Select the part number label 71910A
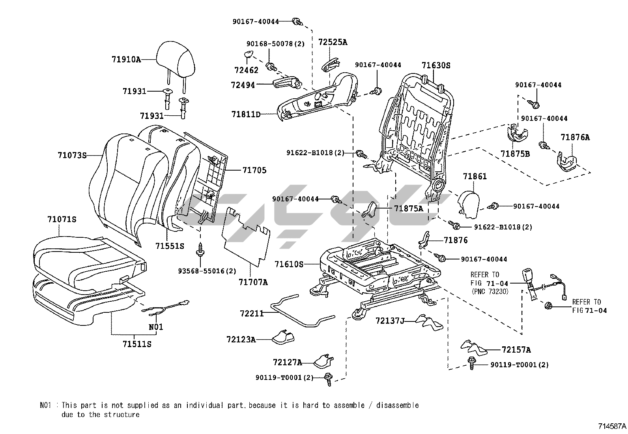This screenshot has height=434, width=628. [126, 60]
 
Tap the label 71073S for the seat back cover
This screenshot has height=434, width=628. [72, 155]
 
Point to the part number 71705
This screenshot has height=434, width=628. [254, 170]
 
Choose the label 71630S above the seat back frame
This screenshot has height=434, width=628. [435, 65]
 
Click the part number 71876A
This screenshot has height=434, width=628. [575, 137]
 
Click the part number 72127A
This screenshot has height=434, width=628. [287, 362]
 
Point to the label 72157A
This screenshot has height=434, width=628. [516, 350]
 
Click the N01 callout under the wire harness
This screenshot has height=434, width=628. [156, 327]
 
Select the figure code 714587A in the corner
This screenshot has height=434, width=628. [612, 426]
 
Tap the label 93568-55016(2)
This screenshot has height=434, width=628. [207, 271]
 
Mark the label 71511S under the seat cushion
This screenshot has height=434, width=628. [137, 344]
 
